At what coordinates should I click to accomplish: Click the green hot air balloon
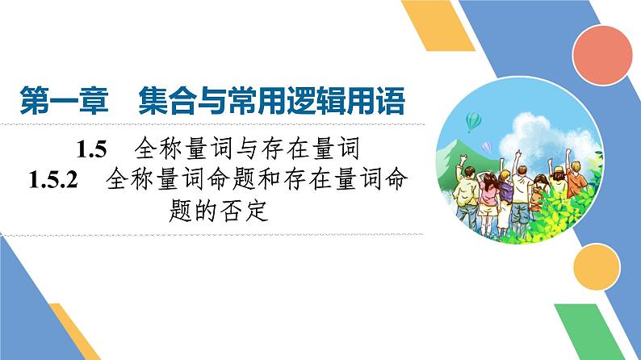click(x=475, y=120)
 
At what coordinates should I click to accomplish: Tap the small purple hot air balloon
click(x=488, y=146)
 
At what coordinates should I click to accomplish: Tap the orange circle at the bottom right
click(x=598, y=263)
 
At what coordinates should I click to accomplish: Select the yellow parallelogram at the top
click(x=436, y=32)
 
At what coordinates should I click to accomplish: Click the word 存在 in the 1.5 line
click(x=273, y=149)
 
